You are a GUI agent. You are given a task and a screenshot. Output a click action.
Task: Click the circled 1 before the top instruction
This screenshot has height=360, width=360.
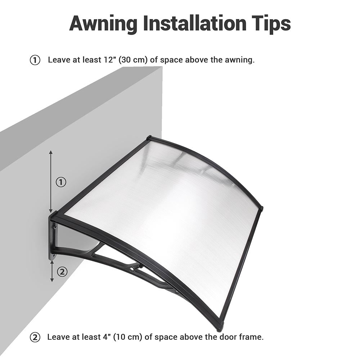point(35,60)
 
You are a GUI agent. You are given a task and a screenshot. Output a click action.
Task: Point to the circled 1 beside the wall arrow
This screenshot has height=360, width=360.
point(61,182)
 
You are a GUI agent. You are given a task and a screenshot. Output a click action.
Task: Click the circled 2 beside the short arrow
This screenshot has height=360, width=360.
point(62,272)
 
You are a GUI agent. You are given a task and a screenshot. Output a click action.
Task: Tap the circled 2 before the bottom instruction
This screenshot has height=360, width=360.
point(35,338)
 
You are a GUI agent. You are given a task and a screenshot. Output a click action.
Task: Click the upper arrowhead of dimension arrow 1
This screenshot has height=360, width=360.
point(51,153)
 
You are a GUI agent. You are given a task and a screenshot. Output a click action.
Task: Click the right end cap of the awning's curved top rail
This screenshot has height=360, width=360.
point(261,208)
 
